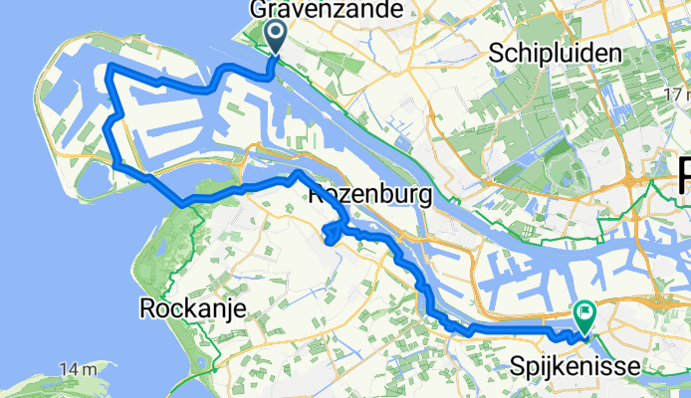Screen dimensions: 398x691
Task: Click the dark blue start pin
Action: tap(277, 36)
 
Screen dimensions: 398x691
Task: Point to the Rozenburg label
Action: tap(371, 194)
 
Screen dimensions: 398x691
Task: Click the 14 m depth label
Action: tap(76, 369)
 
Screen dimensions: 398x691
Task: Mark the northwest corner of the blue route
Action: tap(108, 66)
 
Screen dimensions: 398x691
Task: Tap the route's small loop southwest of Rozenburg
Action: tap(329, 233)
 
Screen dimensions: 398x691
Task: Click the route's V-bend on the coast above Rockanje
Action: tap(183, 204)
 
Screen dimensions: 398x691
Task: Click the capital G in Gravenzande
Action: tap(261, 10)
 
